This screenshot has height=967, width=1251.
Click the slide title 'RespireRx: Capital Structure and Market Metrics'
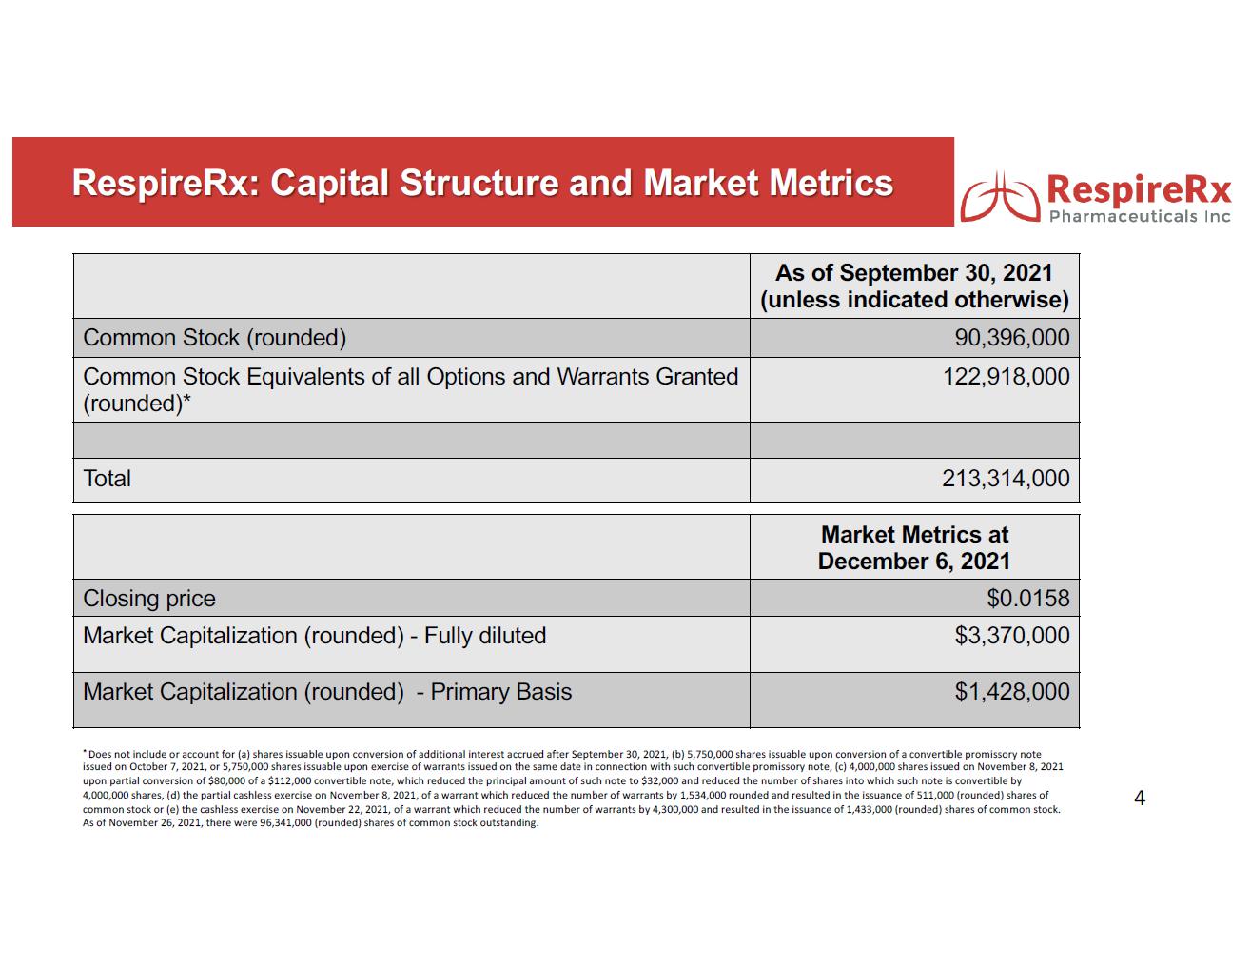[x=482, y=183]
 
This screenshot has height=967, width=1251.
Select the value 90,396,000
[x=1011, y=338]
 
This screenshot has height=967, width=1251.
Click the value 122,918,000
[x=1006, y=377]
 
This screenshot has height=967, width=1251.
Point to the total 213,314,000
[x=1006, y=479]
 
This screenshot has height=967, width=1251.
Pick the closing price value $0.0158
[x=1027, y=599]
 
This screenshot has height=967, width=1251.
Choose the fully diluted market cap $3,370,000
[x=1011, y=636]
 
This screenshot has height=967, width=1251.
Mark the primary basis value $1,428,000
[x=1011, y=692]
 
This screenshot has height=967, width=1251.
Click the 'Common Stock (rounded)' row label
[x=215, y=338]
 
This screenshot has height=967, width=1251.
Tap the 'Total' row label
[x=108, y=479]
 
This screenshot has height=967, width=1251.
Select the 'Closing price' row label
[x=149, y=599]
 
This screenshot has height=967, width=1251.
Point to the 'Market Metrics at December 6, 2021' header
[x=913, y=548]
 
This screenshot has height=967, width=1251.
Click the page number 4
[x=1140, y=799]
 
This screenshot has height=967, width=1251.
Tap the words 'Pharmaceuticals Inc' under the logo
[x=1139, y=217]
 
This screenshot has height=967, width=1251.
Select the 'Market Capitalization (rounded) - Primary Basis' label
[x=327, y=692]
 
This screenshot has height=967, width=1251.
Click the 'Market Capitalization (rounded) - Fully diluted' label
[x=315, y=636]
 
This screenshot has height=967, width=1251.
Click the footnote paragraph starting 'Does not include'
[x=571, y=788]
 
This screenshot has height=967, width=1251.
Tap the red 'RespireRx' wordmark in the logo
[x=1139, y=190]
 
